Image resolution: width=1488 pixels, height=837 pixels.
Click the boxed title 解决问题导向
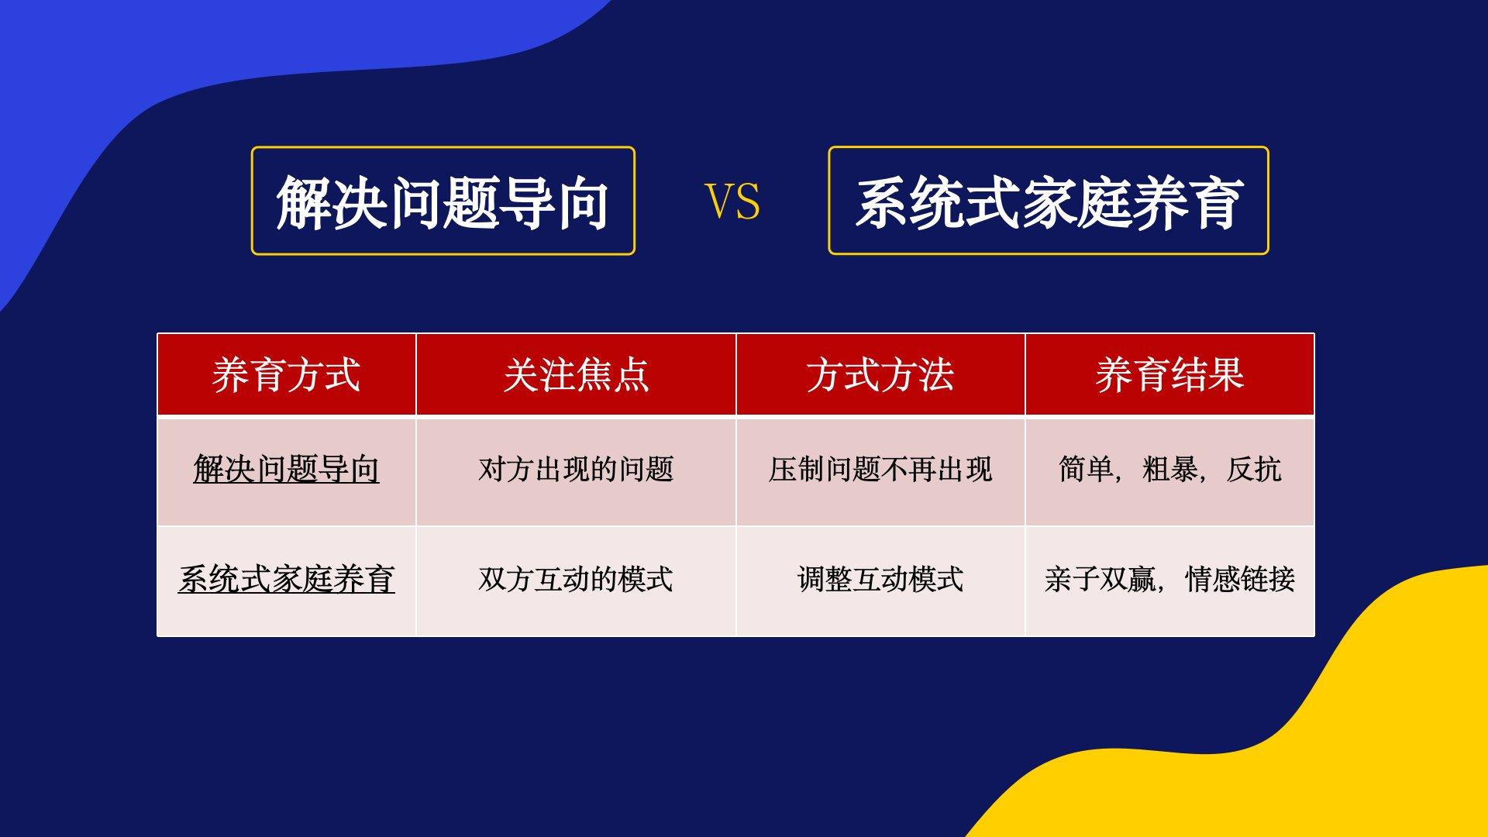pos(443,201)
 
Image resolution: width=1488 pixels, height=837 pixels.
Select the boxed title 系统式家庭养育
pos(1049,201)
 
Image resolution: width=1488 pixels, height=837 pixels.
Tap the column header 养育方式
pos(286,375)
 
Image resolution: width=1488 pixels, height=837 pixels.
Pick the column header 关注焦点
pos(576,375)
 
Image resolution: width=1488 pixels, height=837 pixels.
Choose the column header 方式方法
pos(880,375)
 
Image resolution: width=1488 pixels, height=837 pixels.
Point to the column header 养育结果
pos(1169,375)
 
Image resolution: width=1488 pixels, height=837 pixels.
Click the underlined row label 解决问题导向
pos(286,470)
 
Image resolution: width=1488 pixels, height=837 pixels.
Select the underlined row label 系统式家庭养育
pos(286,579)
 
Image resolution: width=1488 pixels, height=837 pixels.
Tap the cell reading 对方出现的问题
pos(576,470)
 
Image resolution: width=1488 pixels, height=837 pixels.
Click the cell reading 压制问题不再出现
pos(880,470)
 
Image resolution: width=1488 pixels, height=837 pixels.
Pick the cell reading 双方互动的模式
pos(576,579)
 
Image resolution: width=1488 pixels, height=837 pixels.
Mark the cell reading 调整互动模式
pos(880,579)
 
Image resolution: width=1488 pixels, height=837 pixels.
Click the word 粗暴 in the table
pos(1169,470)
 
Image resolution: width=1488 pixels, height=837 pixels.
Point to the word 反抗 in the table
pos(1254,470)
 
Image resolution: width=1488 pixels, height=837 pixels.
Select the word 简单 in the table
pos(1086,470)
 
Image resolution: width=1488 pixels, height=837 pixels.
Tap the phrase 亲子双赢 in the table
pos(1100,579)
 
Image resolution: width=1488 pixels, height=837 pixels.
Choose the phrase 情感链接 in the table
pos(1240,579)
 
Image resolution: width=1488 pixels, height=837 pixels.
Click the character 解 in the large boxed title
pos(304,201)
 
